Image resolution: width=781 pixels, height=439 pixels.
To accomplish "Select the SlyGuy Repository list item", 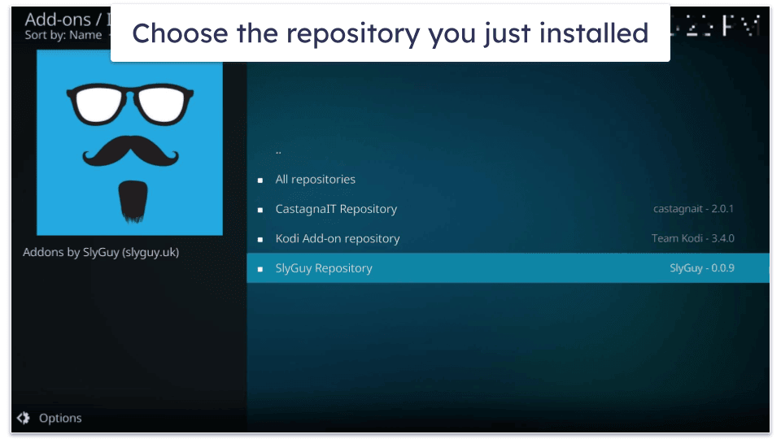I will (x=323, y=268).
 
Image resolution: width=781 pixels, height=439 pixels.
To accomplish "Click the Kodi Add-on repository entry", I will (x=337, y=239).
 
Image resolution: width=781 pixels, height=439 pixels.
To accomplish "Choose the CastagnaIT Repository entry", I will (x=335, y=209).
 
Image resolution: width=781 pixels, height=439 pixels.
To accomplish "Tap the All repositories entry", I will (x=315, y=180).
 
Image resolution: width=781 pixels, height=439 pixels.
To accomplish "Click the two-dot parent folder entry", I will (x=278, y=151).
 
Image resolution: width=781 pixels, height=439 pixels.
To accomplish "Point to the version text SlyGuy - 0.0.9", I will (x=701, y=268).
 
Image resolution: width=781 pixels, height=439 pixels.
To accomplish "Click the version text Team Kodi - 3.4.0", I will (x=692, y=239).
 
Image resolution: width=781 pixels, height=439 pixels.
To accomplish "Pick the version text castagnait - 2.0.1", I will (x=693, y=209).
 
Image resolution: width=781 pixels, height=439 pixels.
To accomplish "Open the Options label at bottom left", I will (x=60, y=418).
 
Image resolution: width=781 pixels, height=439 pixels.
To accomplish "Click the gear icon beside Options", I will (x=23, y=418).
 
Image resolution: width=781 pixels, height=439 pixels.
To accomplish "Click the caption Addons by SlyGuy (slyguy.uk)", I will (x=101, y=252).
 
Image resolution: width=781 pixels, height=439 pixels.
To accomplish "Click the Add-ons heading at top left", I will (x=57, y=18).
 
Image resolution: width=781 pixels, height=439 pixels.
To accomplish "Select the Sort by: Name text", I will (x=63, y=35).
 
